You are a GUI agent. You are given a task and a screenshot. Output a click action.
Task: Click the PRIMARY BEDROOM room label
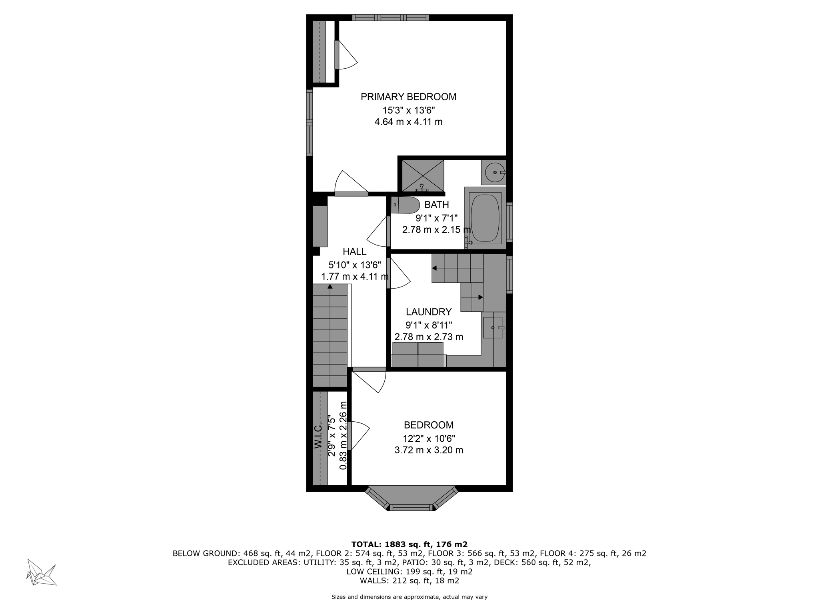pyautogui.click(x=408, y=97)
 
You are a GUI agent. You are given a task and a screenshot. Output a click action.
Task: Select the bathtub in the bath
pyautogui.click(x=485, y=218)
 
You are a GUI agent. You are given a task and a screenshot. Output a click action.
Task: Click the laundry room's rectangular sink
pyautogui.click(x=493, y=327)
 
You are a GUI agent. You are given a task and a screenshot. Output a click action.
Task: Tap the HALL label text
pyautogui.click(x=354, y=251)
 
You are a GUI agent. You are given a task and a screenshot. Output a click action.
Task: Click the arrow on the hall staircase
pyautogui.click(x=330, y=286)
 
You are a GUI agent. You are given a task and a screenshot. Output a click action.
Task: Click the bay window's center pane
pyautogui.click(x=411, y=507)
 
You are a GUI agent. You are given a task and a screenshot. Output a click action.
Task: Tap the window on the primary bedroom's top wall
pyautogui.click(x=391, y=18)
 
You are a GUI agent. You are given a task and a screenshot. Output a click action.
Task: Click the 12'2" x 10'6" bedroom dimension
pyautogui.click(x=429, y=439)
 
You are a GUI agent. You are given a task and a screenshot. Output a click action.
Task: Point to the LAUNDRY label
pyautogui.click(x=429, y=312)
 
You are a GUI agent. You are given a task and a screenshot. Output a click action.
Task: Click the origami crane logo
pyautogui.click(x=41, y=572)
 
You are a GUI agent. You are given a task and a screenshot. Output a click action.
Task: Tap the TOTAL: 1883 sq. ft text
pyautogui.click(x=409, y=544)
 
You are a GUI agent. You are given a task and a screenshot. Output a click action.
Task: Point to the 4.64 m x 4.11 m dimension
pyautogui.click(x=408, y=122)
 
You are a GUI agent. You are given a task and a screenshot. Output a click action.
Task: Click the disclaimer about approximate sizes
pyautogui.click(x=409, y=597)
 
